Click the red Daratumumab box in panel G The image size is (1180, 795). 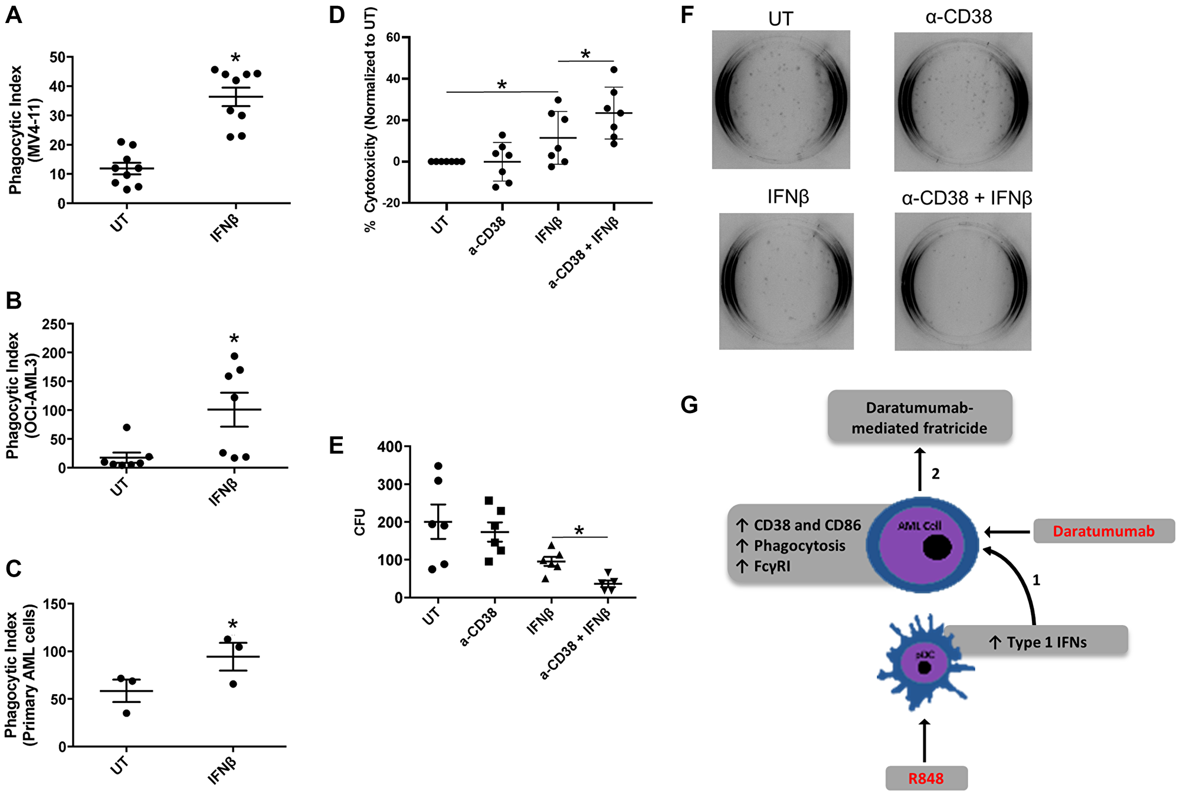point(1103,531)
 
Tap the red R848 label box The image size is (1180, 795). point(926,778)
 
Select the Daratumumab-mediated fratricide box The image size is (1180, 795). point(919,417)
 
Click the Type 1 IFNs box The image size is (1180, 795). point(1037,642)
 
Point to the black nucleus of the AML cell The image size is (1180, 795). point(938,547)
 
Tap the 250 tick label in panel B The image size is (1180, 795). point(54,324)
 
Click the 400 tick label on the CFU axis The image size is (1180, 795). point(389,447)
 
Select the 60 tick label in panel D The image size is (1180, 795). point(393,37)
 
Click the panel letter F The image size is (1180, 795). point(686,15)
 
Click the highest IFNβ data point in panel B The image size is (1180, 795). point(234,356)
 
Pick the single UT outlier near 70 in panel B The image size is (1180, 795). point(127,427)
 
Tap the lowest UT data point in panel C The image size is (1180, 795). point(126,713)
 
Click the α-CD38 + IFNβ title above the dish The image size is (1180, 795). point(966,198)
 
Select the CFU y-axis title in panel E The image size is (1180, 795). point(360,522)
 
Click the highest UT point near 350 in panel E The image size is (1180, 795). point(438,466)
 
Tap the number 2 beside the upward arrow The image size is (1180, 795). point(935,474)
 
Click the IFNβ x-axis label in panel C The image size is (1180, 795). point(222,771)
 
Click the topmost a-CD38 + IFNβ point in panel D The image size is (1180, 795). point(614,70)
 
